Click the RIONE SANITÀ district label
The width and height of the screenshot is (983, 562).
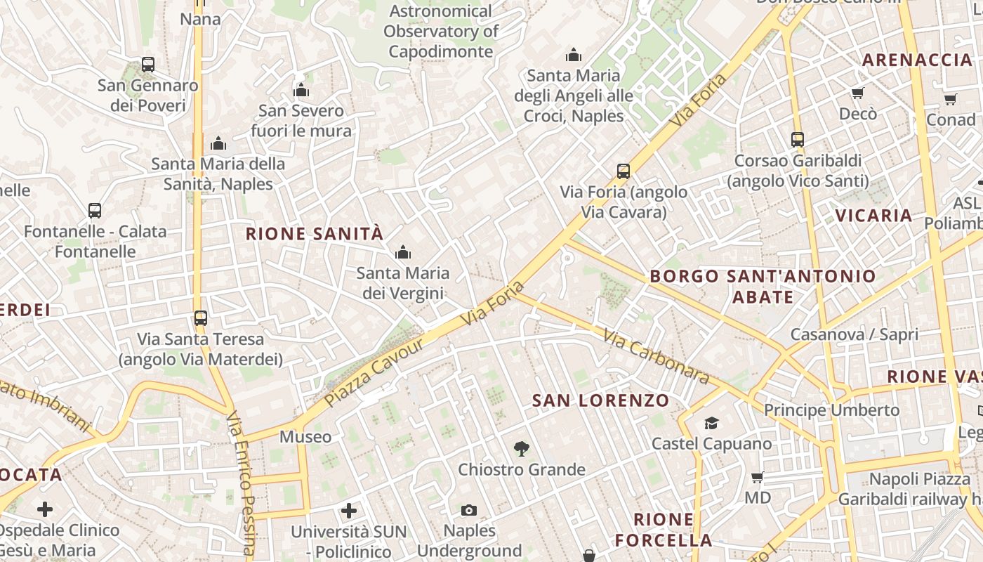coord(315,234)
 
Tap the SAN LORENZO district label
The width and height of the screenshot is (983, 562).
coord(600,400)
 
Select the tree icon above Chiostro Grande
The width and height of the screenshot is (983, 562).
coord(521,448)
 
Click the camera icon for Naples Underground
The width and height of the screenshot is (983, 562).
coord(469,510)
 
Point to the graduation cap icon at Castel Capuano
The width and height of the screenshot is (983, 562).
coord(711,423)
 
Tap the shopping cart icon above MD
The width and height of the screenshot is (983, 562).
coord(758,478)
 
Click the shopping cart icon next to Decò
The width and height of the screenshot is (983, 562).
coord(857,93)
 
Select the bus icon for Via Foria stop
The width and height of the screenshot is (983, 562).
coord(623,171)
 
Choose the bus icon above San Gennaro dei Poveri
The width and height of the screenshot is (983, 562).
coord(147,65)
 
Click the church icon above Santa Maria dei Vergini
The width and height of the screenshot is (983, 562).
coord(402,252)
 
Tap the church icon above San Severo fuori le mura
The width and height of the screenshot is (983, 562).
coord(301,90)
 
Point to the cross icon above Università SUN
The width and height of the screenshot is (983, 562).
coord(349,510)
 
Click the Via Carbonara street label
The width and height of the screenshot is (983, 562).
coord(656,358)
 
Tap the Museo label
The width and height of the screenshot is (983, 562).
coord(305,437)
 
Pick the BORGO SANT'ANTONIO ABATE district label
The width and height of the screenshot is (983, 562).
coord(763,286)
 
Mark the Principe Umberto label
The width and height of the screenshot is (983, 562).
coord(831,410)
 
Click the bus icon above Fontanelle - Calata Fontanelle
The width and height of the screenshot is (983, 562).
coord(95,211)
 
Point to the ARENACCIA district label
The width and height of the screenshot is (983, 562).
coord(917,60)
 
